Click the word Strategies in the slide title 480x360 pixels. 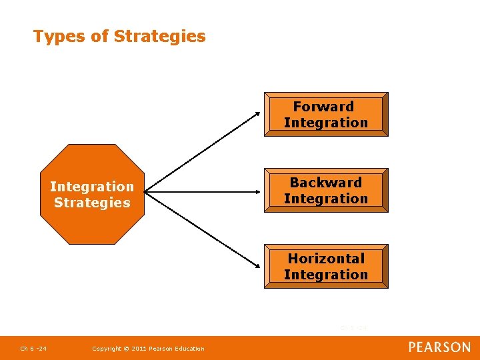click(x=160, y=36)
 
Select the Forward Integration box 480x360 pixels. click(x=325, y=114)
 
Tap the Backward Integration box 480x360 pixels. click(x=325, y=190)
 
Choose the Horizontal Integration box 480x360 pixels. click(x=325, y=266)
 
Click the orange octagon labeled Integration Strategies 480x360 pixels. click(x=92, y=194)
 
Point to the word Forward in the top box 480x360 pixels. click(x=323, y=107)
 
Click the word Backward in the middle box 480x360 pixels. click(x=325, y=183)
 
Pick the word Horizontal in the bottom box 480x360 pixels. click(x=326, y=259)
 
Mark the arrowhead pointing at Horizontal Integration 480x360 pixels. click(x=258, y=267)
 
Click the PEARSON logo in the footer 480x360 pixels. click(x=439, y=347)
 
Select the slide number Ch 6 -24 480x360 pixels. click(x=33, y=349)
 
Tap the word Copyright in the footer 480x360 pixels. click(x=107, y=349)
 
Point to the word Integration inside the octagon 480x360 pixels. click(x=92, y=187)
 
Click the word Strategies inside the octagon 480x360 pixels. click(x=92, y=203)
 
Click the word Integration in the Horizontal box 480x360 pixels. click(x=325, y=275)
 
